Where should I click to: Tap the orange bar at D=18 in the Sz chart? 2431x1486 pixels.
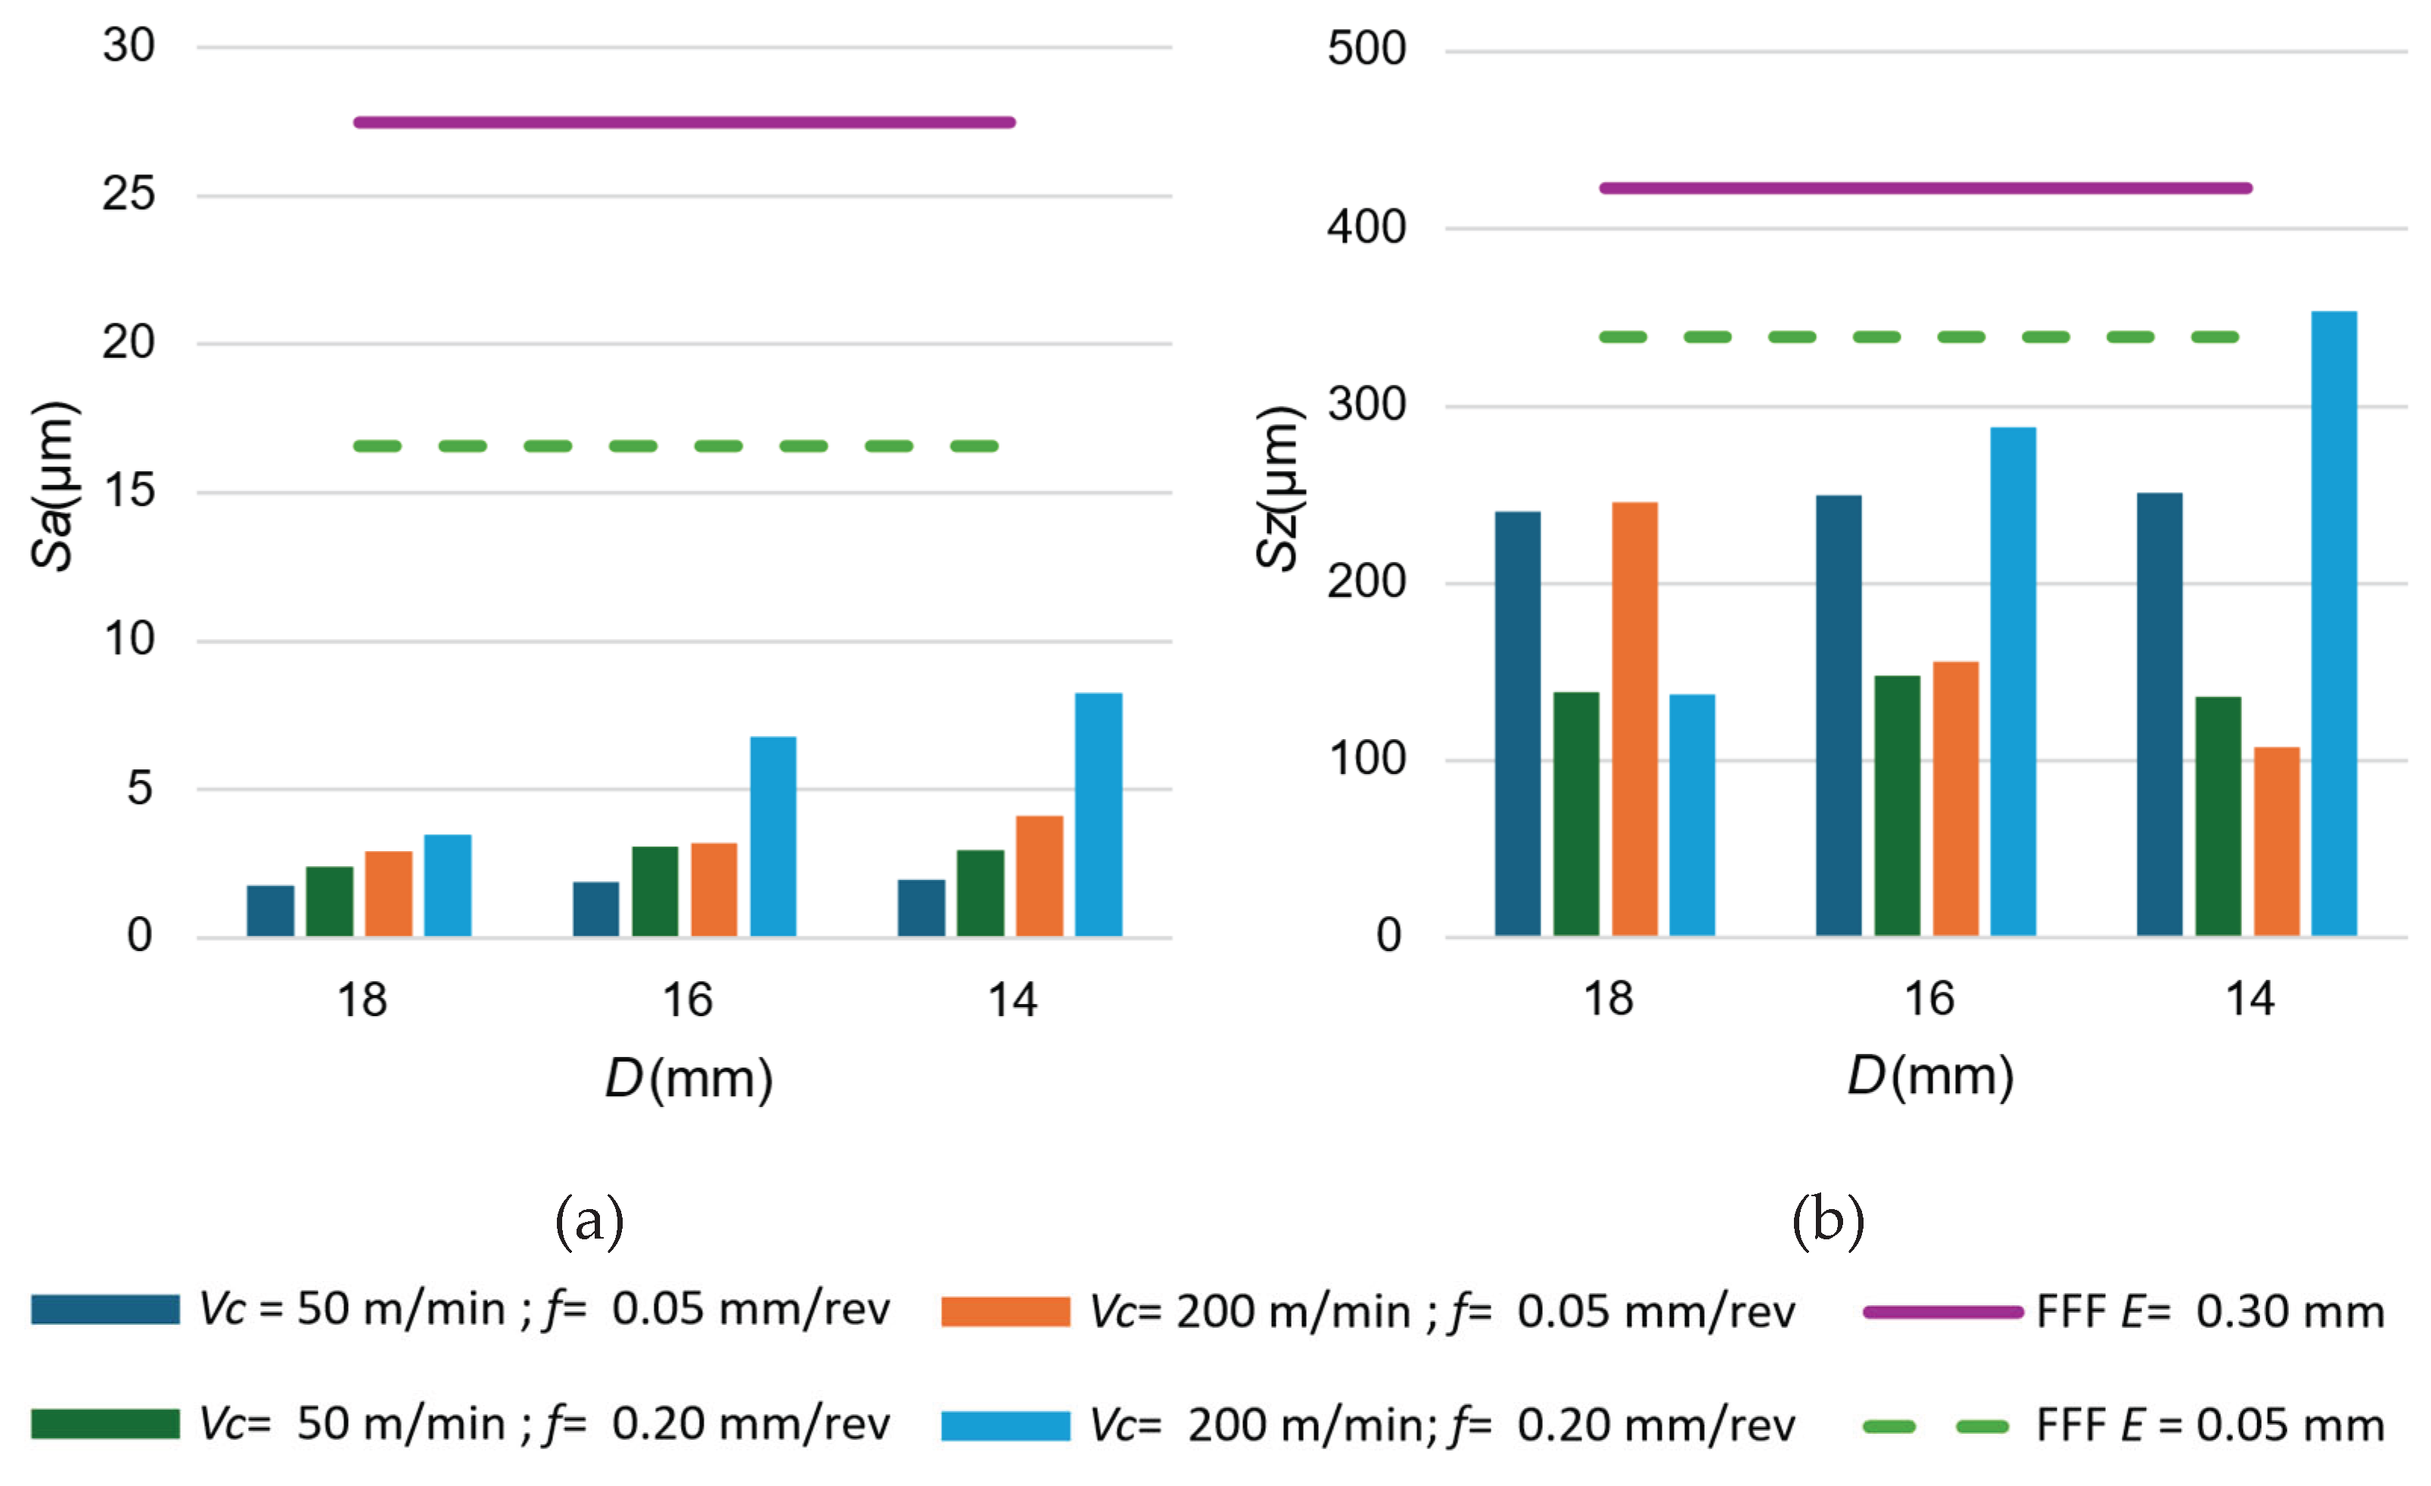click(x=1635, y=720)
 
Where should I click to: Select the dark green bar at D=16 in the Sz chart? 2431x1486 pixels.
click(x=1896, y=805)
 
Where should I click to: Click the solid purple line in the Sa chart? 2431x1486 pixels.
click(x=684, y=123)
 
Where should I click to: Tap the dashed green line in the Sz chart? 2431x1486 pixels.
click(x=1919, y=337)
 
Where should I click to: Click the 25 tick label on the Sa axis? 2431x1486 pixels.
click(x=129, y=194)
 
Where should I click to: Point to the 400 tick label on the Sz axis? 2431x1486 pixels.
click(x=1366, y=228)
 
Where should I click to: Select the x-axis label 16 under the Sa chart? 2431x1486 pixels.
click(x=687, y=1000)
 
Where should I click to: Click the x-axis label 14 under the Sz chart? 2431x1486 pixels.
click(x=2249, y=999)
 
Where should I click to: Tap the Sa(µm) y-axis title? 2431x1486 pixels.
click(x=52, y=487)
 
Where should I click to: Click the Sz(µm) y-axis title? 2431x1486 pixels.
click(x=1279, y=489)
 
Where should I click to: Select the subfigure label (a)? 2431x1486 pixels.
click(x=589, y=1220)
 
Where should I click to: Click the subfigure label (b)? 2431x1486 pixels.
click(x=1827, y=1220)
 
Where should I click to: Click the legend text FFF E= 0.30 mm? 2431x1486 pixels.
click(x=2210, y=1312)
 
